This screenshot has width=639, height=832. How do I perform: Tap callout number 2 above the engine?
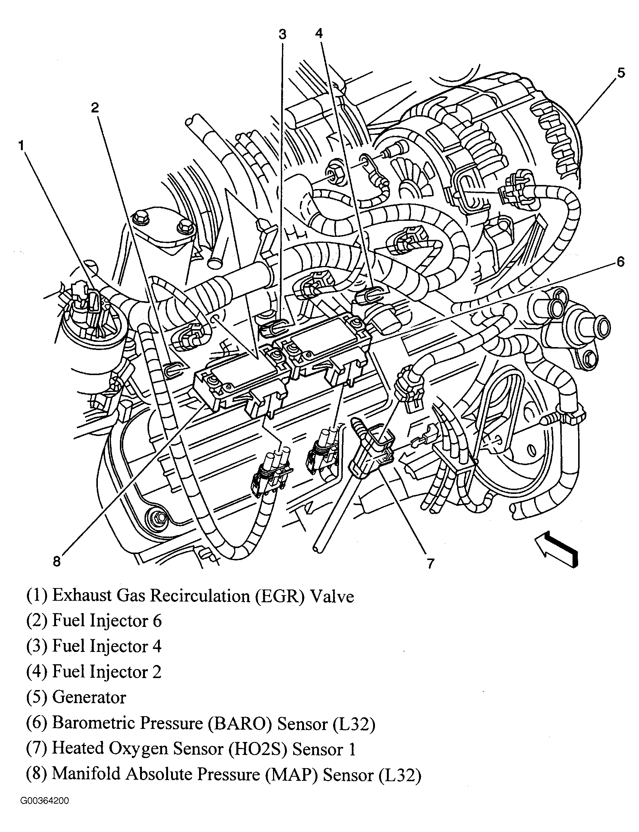[x=95, y=108]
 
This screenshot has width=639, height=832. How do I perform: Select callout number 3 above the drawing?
[x=282, y=35]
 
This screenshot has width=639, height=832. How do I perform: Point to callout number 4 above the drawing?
[x=319, y=34]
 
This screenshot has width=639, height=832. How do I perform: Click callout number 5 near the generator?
[x=621, y=72]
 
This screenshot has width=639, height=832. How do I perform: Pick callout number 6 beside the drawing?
[x=620, y=262]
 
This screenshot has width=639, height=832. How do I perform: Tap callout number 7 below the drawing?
[x=430, y=563]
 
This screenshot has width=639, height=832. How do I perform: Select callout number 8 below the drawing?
[x=57, y=562]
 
